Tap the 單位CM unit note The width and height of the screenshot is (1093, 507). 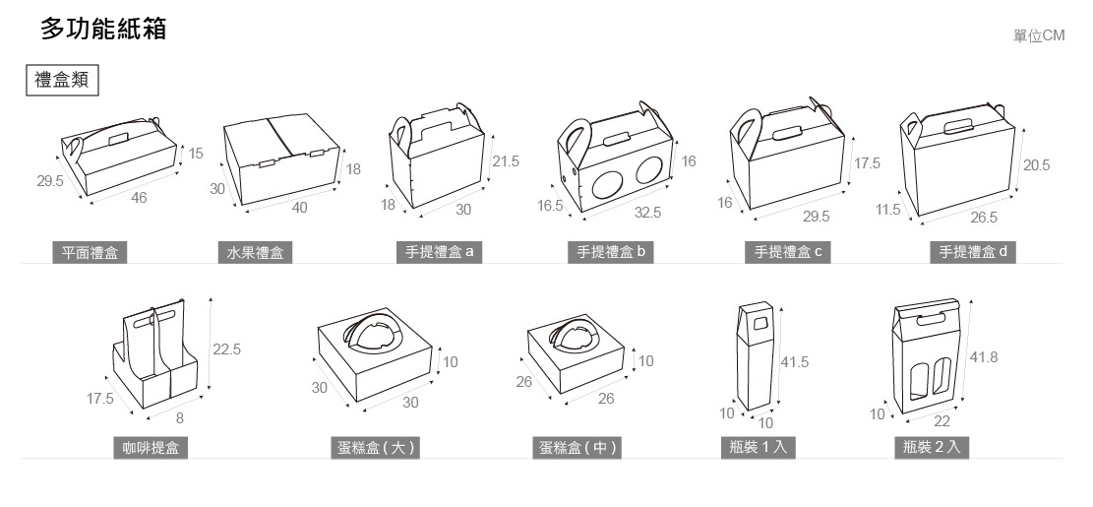[x=1039, y=35]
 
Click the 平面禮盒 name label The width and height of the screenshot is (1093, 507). [x=90, y=253]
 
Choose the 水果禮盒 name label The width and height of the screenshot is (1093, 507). [x=255, y=253]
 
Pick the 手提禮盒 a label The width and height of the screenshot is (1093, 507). [x=440, y=252]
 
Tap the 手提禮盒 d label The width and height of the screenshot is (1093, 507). [x=973, y=252]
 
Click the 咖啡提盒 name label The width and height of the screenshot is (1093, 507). [x=151, y=448]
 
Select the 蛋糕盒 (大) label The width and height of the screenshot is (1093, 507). [x=377, y=448]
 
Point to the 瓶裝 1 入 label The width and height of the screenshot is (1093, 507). [x=758, y=448]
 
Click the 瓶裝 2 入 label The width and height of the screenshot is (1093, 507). [x=935, y=448]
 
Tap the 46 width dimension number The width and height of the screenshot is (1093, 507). [x=139, y=198]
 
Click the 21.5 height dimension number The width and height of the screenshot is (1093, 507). [x=506, y=161]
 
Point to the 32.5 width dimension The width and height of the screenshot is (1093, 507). [x=648, y=212]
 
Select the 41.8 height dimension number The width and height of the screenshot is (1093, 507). [x=984, y=357]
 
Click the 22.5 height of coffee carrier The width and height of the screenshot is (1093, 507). [x=227, y=349]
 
